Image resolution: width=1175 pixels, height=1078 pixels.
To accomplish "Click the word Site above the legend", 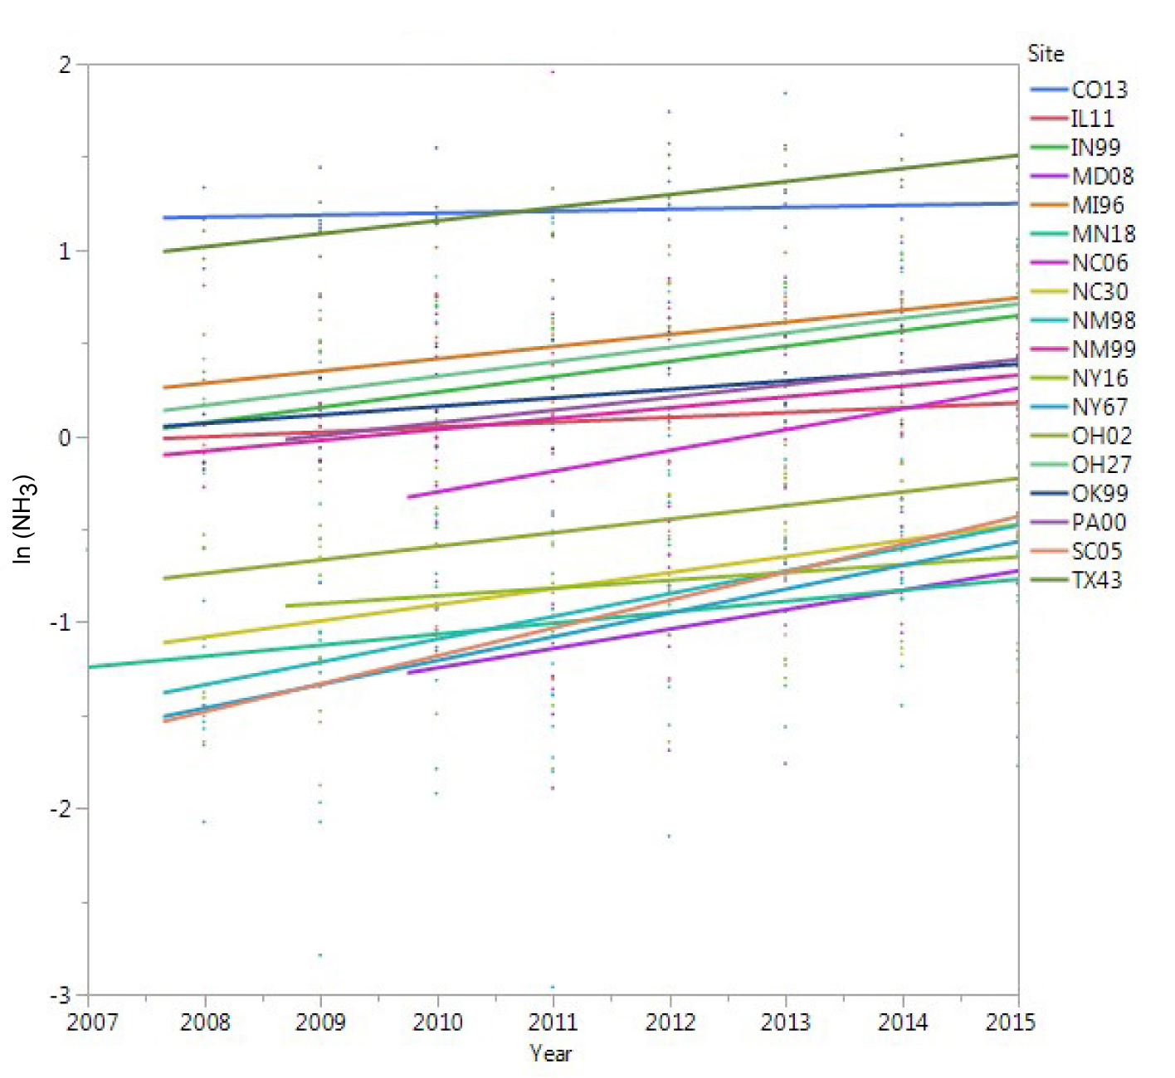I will [x=1046, y=54].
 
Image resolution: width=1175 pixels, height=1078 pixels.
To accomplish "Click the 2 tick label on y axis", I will [x=65, y=65].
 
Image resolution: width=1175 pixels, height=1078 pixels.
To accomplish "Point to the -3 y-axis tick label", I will [x=61, y=994].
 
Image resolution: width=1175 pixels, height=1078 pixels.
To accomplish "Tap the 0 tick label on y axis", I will [x=65, y=437].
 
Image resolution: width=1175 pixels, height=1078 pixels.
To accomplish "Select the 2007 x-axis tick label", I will [x=91, y=1022].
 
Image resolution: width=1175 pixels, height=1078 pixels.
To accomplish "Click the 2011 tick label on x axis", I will [x=553, y=1022].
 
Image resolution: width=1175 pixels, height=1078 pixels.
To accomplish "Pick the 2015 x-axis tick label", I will [x=1010, y=1022].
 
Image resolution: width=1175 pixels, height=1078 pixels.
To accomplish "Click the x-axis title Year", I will [x=551, y=1053].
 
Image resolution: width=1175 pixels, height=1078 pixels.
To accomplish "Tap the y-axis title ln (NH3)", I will [x=24, y=519].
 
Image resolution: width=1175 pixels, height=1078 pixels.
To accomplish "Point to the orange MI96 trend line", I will [x=664, y=335].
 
